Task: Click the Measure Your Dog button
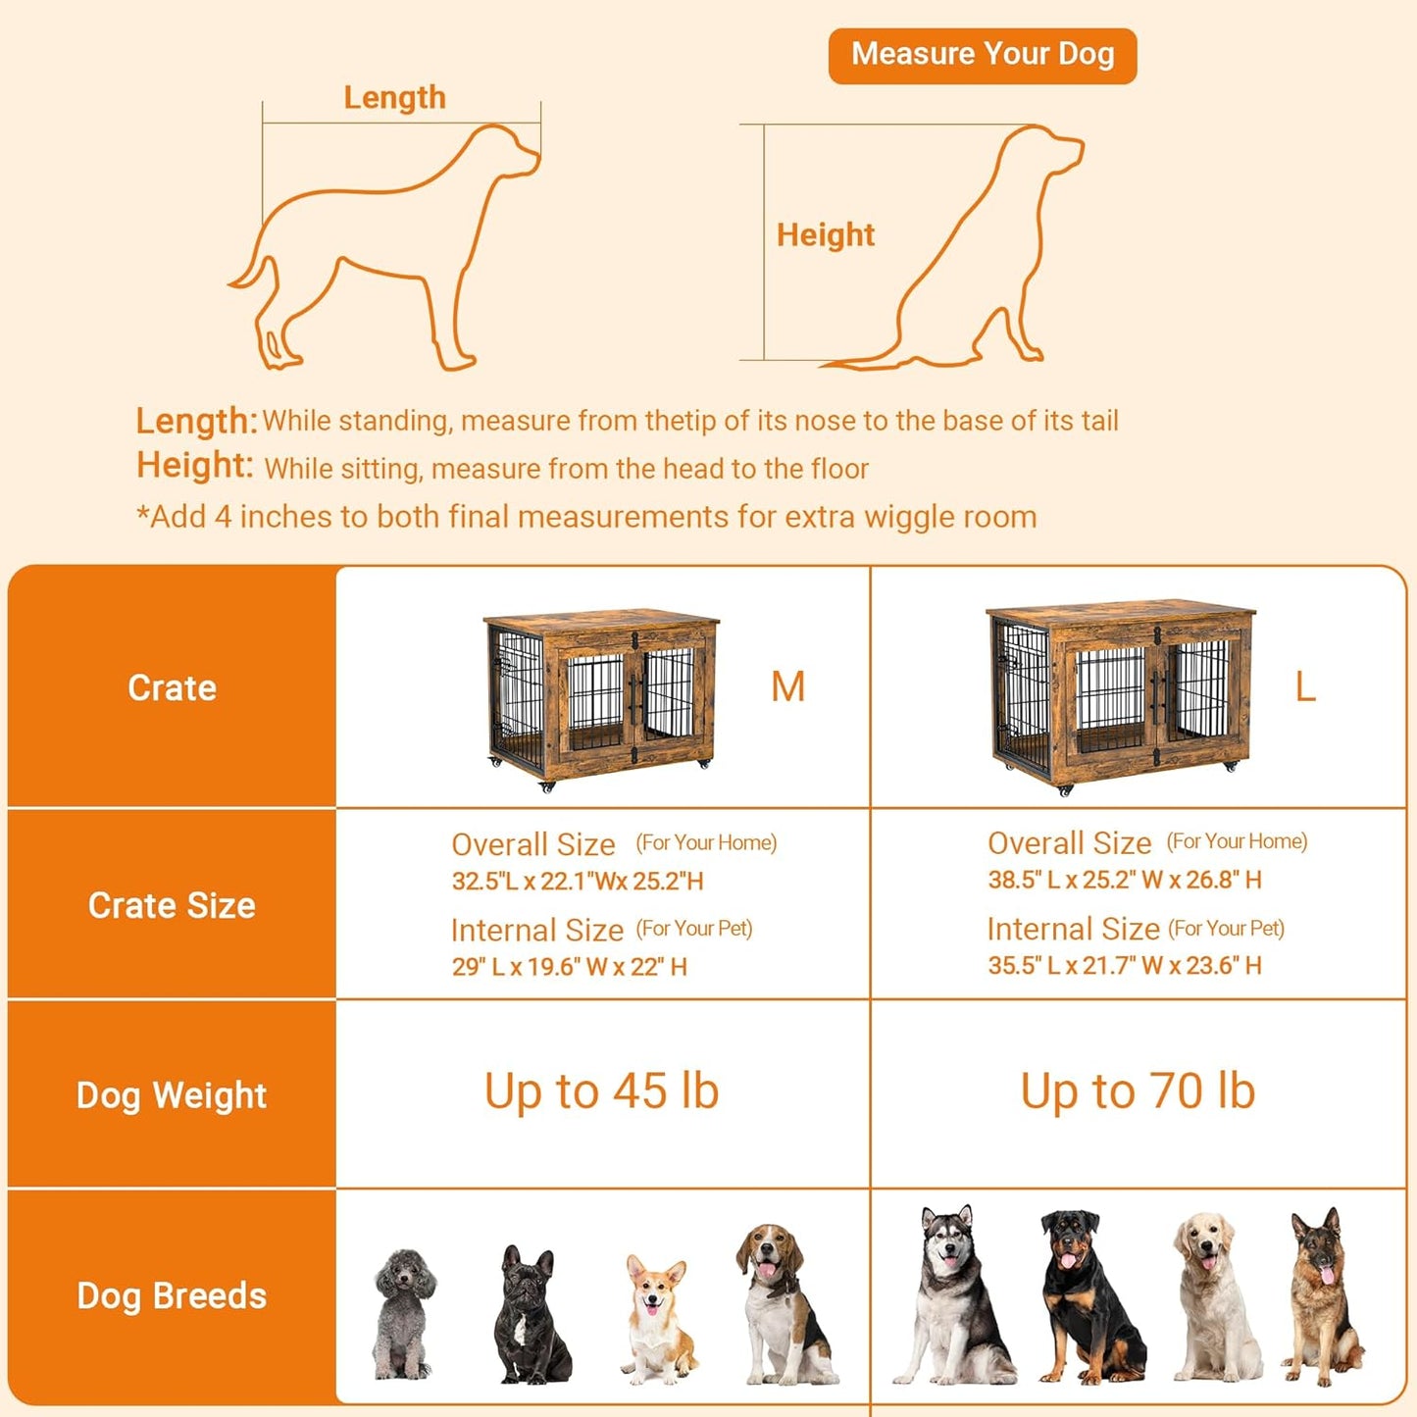982,55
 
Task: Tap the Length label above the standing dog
394,98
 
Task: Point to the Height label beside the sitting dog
825,235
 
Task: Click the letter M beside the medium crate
787,687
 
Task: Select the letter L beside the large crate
1304,687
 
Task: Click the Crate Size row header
172,905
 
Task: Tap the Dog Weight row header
172,1095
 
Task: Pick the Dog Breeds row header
172,1296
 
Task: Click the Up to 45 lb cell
601,1091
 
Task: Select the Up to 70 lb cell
1138,1091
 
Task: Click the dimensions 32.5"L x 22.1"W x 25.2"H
578,882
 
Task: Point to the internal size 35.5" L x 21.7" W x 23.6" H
1124,966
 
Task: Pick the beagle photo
784,1304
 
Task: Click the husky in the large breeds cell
952,1294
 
